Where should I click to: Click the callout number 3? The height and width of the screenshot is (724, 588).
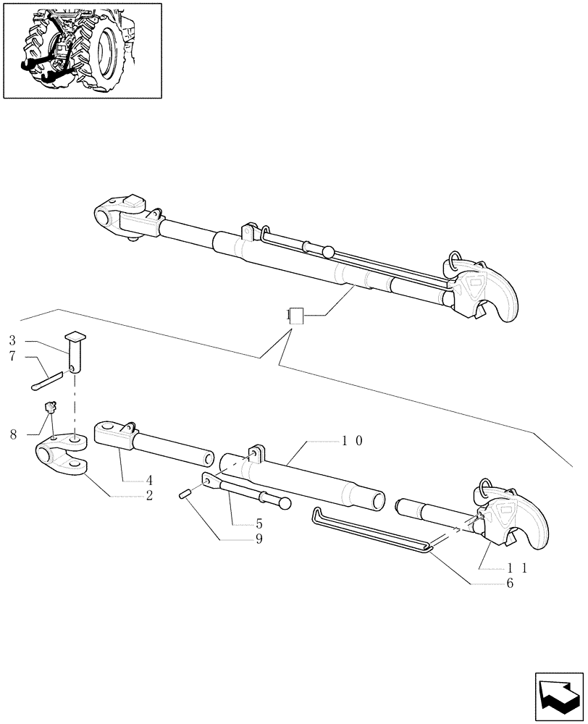point(13,340)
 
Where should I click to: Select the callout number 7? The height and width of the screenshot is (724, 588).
point(13,357)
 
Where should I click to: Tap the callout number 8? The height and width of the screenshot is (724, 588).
point(13,434)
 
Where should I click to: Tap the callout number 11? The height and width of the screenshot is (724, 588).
point(517,568)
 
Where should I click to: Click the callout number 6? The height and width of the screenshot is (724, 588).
point(510,584)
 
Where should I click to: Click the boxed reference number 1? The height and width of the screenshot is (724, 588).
point(295,316)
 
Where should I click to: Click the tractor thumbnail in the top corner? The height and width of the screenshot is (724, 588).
point(82,50)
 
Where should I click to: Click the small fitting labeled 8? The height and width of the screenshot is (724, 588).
point(51,408)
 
